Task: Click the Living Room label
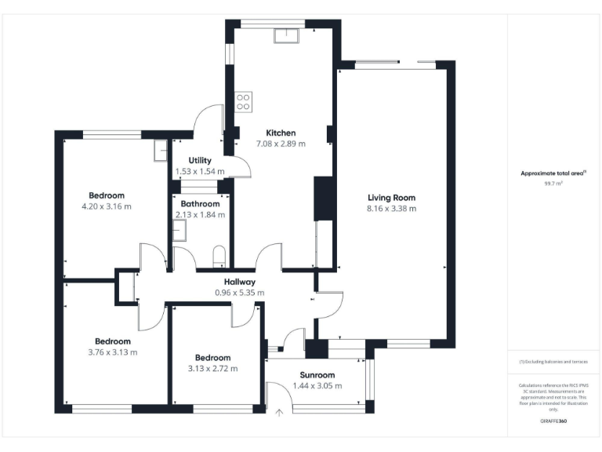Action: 391,198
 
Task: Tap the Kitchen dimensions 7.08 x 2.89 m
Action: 281,144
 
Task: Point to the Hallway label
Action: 239,282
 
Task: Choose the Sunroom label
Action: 317,375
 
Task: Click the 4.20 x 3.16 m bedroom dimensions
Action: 106,206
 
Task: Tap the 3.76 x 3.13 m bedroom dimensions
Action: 112,352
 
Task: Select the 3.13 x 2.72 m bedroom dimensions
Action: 212,368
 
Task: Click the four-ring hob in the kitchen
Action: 243,101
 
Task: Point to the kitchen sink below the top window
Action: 285,35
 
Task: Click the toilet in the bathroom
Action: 219,255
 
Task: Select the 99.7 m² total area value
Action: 553,183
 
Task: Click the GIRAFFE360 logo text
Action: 553,421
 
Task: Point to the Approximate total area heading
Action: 553,173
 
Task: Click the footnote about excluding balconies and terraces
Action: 553,361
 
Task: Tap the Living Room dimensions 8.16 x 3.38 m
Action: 391,209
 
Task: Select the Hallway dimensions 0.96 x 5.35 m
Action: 239,293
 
